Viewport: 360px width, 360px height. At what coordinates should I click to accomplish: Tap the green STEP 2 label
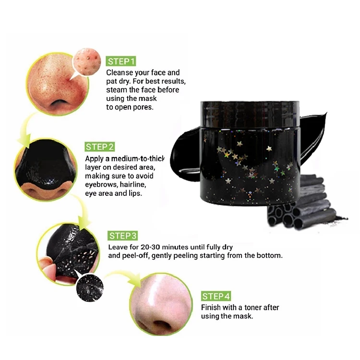tap(100, 147)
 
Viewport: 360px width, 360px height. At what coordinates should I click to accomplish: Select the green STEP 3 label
tap(123, 236)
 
